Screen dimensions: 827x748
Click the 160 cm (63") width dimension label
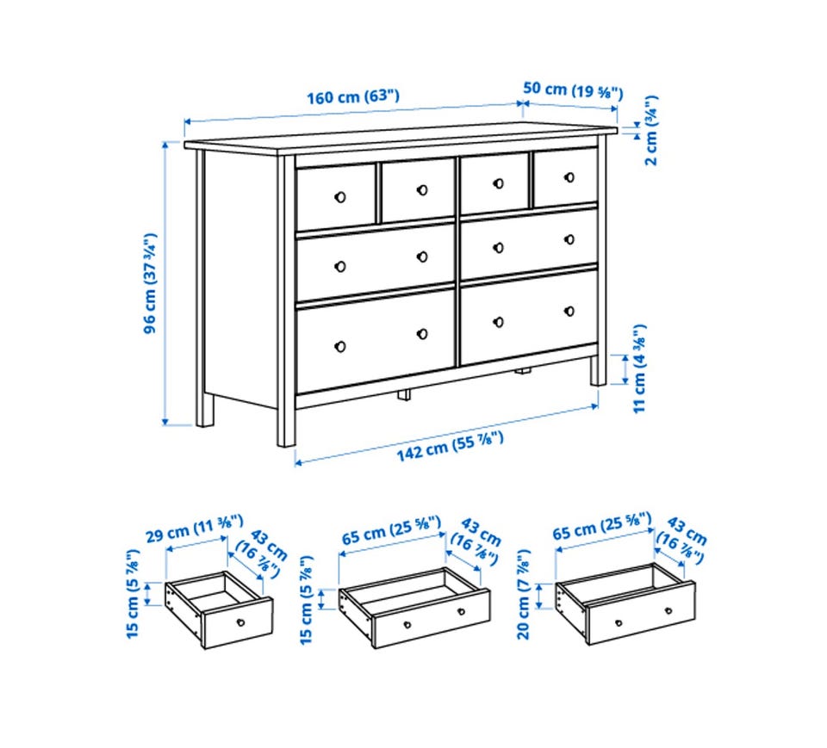point(353,97)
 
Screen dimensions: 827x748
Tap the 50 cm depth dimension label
point(574,90)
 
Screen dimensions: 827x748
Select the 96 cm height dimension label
point(150,283)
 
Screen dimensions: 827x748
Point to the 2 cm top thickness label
point(651,130)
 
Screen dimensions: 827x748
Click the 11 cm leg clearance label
point(639,368)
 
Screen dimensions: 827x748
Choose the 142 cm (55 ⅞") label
point(450,447)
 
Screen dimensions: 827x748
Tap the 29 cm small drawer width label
point(195,529)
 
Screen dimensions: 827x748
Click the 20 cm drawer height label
point(524,594)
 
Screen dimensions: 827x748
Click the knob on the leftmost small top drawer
point(340,197)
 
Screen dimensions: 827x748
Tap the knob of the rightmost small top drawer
point(569,177)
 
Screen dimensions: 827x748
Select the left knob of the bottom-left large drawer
point(340,346)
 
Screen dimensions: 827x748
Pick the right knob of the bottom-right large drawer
point(569,311)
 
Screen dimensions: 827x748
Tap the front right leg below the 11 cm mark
point(598,371)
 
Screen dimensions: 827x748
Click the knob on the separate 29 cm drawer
point(240,622)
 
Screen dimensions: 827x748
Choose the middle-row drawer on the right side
point(529,243)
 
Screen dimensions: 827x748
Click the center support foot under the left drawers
point(404,395)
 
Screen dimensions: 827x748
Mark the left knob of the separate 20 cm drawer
point(619,623)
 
